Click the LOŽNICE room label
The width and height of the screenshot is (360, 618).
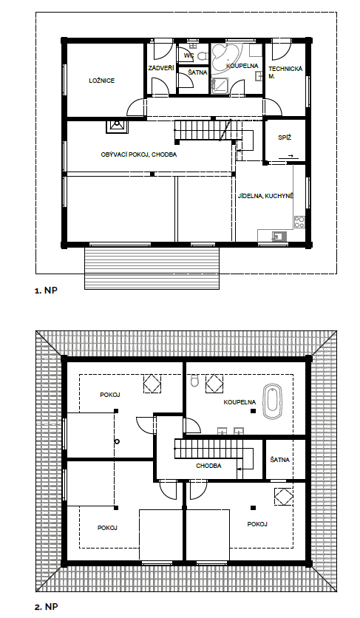(102, 81)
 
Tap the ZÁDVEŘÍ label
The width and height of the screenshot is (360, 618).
(161, 68)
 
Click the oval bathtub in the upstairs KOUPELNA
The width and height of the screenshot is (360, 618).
(272, 402)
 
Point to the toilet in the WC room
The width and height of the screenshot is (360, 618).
(202, 55)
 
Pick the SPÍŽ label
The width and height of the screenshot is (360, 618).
(285, 138)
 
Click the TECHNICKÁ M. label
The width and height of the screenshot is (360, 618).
(285, 72)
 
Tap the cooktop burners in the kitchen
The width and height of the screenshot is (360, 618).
(299, 222)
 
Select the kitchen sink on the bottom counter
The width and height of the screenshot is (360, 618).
(278, 236)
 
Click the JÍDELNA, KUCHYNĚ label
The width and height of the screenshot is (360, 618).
(265, 196)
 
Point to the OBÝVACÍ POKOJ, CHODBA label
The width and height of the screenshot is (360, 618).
(139, 154)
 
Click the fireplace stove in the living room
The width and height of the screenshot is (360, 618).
(117, 126)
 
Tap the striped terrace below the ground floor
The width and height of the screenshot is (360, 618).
(152, 268)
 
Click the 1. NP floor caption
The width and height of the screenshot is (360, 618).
(46, 291)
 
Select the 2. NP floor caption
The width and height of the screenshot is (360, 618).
(46, 607)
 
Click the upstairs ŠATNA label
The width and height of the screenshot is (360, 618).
(280, 460)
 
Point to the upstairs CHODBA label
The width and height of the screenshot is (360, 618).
(208, 466)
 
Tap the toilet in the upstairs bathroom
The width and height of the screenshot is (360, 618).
(194, 381)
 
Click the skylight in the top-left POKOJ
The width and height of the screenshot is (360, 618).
(152, 384)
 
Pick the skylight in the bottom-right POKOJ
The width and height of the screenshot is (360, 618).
(284, 497)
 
